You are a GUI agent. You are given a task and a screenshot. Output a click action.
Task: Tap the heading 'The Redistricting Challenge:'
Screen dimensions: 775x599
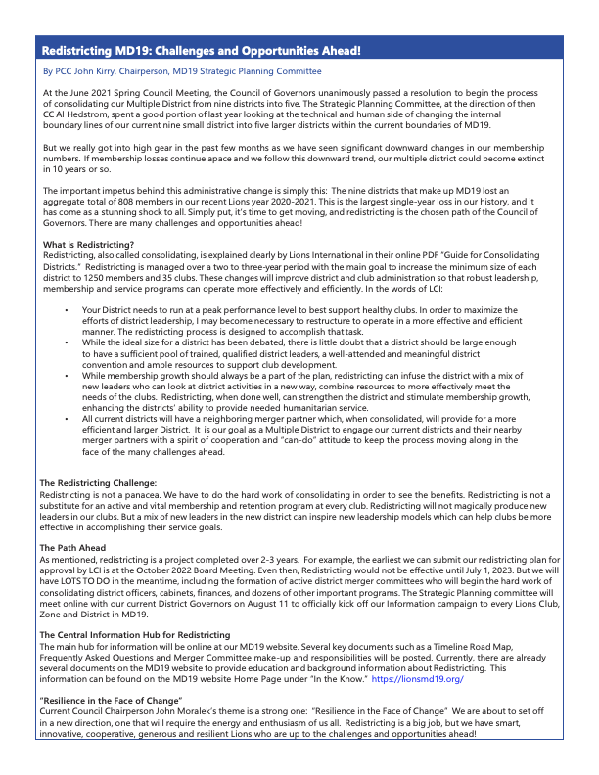pyautogui.click(x=98, y=483)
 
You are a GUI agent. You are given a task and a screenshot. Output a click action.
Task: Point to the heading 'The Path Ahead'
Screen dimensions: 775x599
pyautogui.click(x=72, y=547)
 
